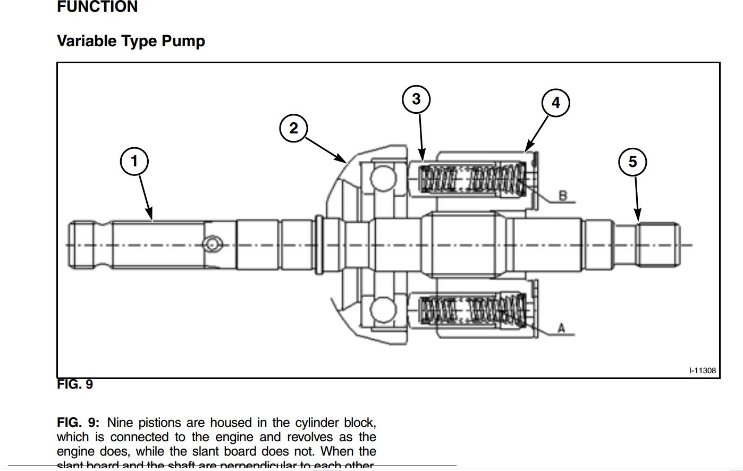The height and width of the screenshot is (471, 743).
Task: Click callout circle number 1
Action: tap(134, 161)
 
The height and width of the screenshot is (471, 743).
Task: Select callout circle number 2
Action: tap(293, 128)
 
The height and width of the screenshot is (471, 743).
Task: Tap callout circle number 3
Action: tap(416, 99)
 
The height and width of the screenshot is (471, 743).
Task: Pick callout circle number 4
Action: tap(555, 103)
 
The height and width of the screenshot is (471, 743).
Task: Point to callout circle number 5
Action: tap(632, 162)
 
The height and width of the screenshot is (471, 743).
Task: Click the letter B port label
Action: tap(563, 196)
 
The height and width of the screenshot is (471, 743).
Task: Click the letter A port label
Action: tap(561, 329)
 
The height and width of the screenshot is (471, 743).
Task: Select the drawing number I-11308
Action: tap(703, 371)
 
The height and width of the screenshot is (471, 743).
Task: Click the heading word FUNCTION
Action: tap(97, 7)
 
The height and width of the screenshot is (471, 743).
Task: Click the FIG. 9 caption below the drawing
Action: tap(75, 384)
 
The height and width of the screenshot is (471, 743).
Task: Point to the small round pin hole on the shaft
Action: tap(213, 245)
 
